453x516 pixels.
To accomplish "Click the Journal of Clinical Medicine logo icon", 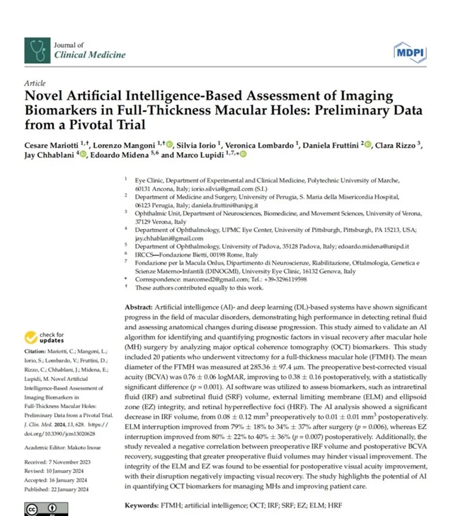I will pyautogui.click(x=37, y=49).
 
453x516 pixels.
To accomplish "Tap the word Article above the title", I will pyautogui.click(x=34, y=83).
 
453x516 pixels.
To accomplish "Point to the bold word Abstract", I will pyautogui.click(x=137, y=309).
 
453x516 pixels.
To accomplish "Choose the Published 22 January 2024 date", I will pyautogui.click(x=62, y=488).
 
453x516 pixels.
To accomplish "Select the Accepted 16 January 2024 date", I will pyautogui.click(x=62, y=479).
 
